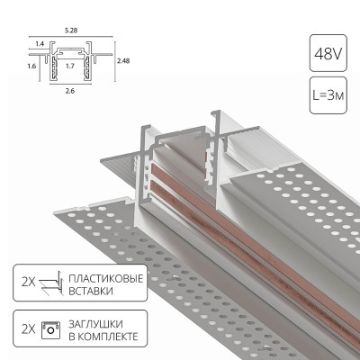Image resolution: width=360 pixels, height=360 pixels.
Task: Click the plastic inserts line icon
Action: tap(52, 285)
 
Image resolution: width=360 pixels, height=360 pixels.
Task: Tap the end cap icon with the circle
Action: tap(52, 328)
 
